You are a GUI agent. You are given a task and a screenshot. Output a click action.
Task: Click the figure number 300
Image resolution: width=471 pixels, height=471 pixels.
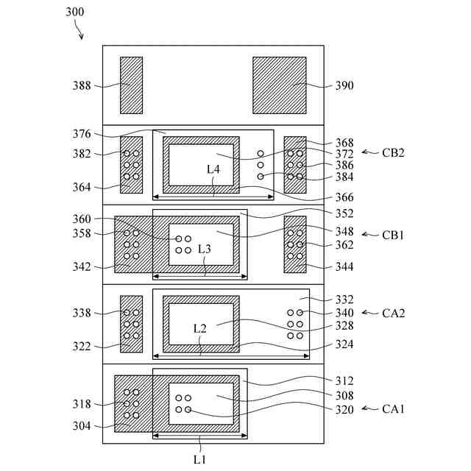pos(74,12)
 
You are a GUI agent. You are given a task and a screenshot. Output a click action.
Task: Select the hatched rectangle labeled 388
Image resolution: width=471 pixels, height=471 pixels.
pos(132,85)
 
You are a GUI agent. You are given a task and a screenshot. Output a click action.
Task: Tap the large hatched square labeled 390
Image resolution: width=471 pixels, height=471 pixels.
pos(279,85)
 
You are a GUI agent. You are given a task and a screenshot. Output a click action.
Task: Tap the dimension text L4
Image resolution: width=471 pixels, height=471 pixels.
pos(213,169)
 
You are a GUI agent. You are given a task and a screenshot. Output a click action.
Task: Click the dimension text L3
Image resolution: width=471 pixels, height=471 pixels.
pos(205,249)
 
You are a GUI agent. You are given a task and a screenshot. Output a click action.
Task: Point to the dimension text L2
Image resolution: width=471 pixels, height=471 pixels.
pos(199,328)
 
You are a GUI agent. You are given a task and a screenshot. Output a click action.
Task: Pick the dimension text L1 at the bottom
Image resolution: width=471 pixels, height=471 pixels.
pos(199,459)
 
